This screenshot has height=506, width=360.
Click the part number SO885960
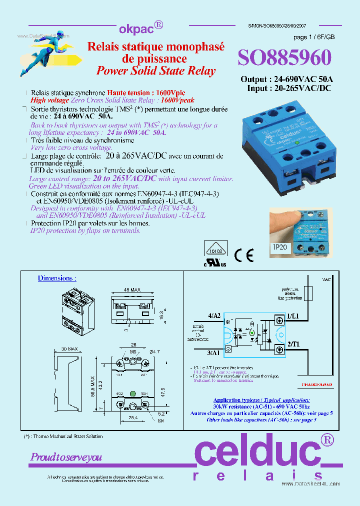click(x=284, y=58)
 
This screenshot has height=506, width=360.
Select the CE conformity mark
click(x=244, y=255)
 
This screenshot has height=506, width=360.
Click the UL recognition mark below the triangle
click(x=214, y=262)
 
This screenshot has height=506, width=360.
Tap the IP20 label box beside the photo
click(x=280, y=247)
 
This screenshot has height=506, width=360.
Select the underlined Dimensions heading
click(x=57, y=278)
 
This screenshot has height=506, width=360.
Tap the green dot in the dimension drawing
click(x=132, y=392)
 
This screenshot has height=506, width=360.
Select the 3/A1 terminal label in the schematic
click(x=213, y=352)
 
